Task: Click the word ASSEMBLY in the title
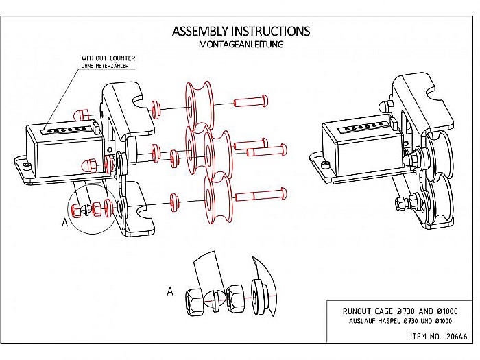pos(200,32)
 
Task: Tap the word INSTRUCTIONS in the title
pos(271,32)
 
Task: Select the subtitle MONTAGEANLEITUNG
pos(241,45)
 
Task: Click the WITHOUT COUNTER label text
pos(108,58)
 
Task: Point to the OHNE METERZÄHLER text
pos(105,66)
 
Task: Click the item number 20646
pos(457,337)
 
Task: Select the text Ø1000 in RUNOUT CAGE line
pos(447,311)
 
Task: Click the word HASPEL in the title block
pos(389,321)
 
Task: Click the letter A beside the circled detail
pos(64,222)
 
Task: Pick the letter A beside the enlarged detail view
pos(170,291)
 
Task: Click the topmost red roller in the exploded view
pos(199,106)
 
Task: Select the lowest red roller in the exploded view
pos(218,199)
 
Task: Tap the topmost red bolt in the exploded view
pos(251,101)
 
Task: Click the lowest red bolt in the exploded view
pos(261,194)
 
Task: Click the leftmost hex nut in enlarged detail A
pos(194,302)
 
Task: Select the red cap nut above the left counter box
pos(82,115)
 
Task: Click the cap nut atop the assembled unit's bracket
pos(386,106)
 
